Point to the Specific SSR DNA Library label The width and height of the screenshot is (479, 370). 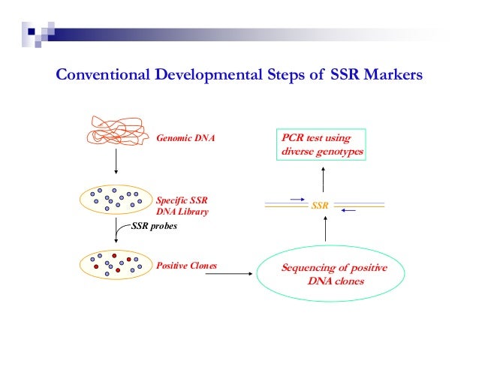click(182, 206)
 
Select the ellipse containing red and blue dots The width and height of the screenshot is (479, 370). click(115, 264)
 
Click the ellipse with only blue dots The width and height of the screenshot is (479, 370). click(115, 200)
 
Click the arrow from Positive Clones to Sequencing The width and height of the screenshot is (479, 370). click(228, 275)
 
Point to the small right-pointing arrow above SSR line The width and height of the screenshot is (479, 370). click(296, 199)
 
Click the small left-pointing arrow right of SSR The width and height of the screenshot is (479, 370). click(347, 210)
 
